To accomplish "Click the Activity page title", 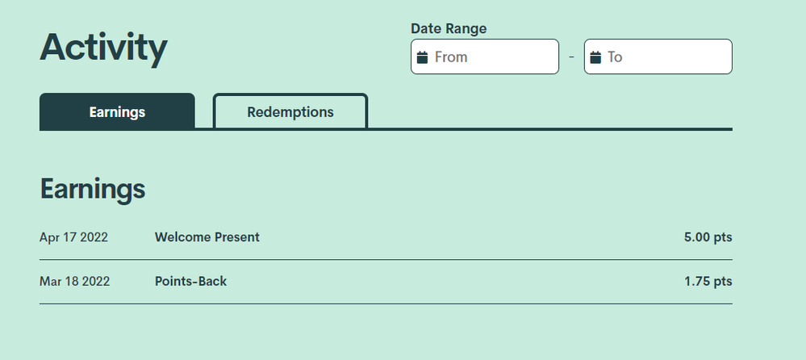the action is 103,48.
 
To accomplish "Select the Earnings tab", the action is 117,111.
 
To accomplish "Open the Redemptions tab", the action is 290,111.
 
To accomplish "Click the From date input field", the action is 485,57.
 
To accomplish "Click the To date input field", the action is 658,57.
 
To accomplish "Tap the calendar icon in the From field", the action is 422,57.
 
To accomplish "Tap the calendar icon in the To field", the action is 595,57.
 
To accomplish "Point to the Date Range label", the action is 449,29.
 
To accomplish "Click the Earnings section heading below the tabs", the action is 93,189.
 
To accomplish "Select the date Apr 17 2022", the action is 73,237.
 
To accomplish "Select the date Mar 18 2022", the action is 74,282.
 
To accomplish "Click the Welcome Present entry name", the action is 207,237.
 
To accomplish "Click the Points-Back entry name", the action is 190,282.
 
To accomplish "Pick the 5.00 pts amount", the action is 708,237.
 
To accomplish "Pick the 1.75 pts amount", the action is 708,282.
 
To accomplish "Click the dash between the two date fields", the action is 571,57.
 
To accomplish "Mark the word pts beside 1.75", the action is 723,282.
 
